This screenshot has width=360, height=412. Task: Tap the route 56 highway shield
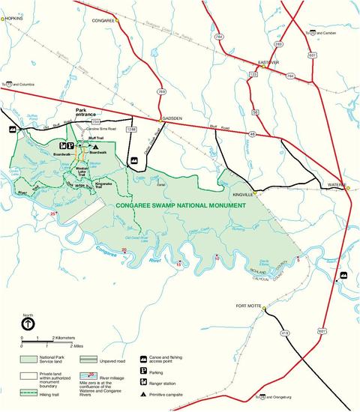[x=255, y=112]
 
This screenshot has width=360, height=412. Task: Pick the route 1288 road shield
[x=132, y=130]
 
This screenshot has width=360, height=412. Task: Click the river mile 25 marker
[x=52, y=215]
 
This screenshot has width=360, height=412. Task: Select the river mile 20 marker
[x=124, y=249]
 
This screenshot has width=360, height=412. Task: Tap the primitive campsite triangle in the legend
[x=143, y=395]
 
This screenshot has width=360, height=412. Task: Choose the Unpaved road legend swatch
[x=89, y=360]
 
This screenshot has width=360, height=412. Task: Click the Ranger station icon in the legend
[x=143, y=383]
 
